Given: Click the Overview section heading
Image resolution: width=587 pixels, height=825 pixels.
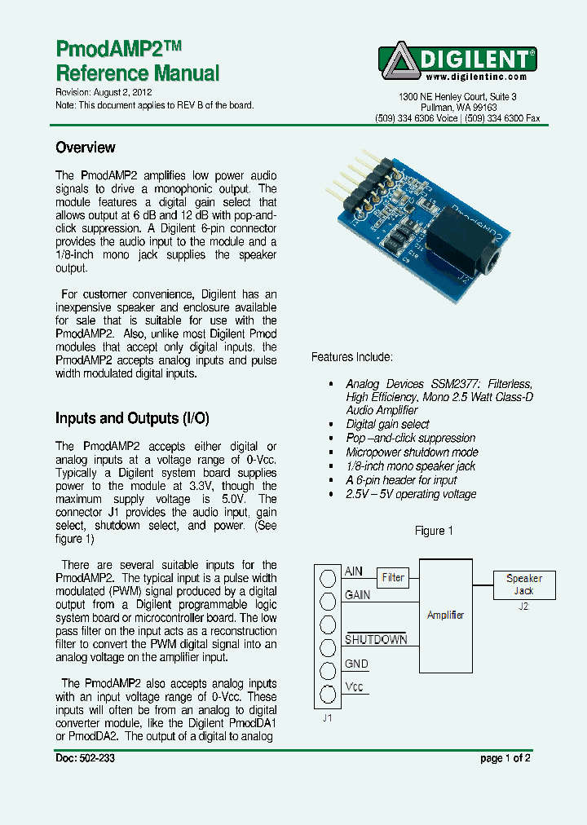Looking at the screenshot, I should (85, 148).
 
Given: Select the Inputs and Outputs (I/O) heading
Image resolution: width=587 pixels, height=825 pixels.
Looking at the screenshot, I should (132, 418).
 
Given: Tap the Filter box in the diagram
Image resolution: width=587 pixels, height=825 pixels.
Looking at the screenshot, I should (393, 578).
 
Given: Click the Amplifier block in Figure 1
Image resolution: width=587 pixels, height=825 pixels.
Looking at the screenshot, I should (445, 615).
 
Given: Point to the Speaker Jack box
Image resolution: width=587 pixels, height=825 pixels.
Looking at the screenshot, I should (523, 585).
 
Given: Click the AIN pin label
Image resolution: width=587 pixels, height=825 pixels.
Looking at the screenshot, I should (354, 571).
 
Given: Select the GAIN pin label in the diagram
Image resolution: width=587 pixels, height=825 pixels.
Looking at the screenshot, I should (357, 595).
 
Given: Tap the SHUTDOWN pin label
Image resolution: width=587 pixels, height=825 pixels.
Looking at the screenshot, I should (376, 640).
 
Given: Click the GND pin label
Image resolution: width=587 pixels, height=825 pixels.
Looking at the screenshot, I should (356, 664).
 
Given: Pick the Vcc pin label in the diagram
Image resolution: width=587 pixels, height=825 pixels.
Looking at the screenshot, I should (354, 686).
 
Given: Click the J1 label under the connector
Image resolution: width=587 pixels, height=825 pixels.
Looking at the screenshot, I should (327, 718).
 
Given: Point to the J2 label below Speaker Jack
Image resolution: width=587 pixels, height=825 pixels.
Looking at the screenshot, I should (523, 607).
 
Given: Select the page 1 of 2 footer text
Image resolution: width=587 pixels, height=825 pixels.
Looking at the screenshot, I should (505, 758).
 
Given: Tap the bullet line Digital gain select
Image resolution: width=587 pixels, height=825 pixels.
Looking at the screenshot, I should (387, 424).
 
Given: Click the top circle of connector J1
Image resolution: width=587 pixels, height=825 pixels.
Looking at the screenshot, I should (328, 578).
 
